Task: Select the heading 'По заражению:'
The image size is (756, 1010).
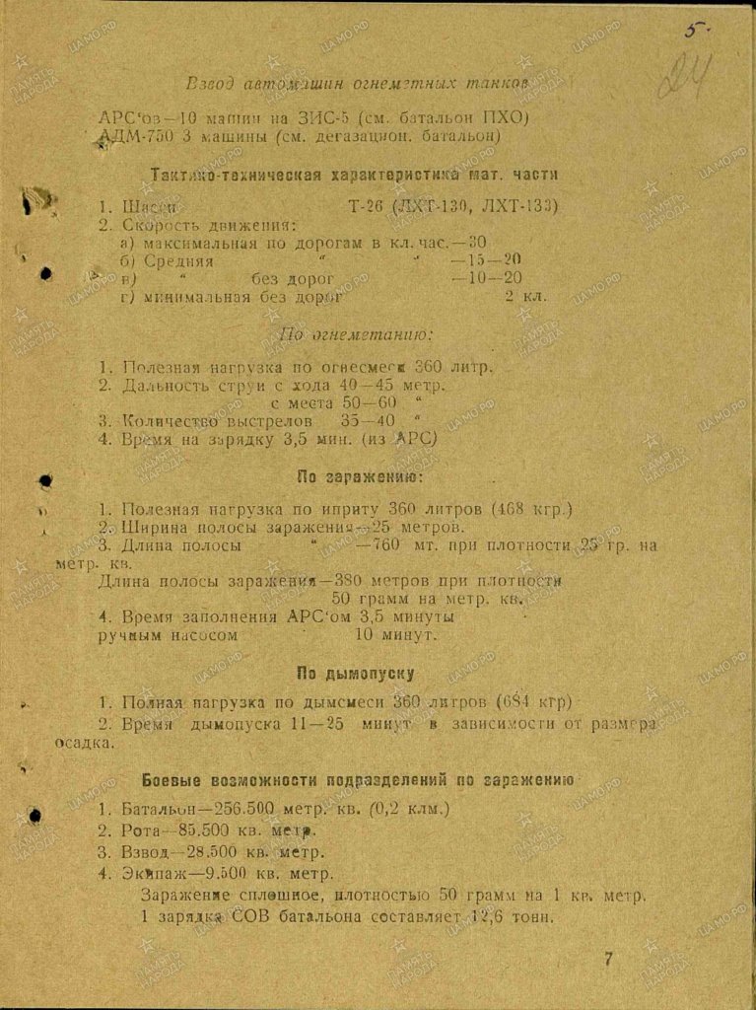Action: pyautogui.click(x=360, y=477)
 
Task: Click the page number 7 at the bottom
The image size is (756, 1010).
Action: pyautogui.click(x=608, y=958)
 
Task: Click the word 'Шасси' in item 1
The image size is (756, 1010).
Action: pyautogui.click(x=150, y=206)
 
